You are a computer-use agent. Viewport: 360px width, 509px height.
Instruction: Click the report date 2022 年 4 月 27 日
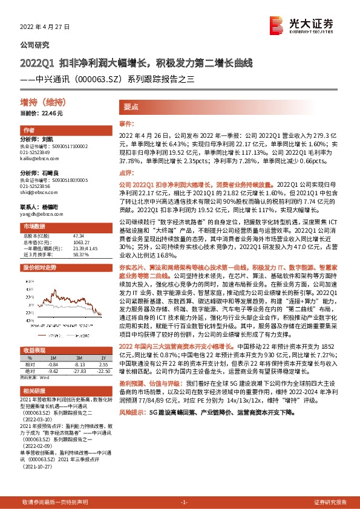pyautogui.click(x=46, y=27)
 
